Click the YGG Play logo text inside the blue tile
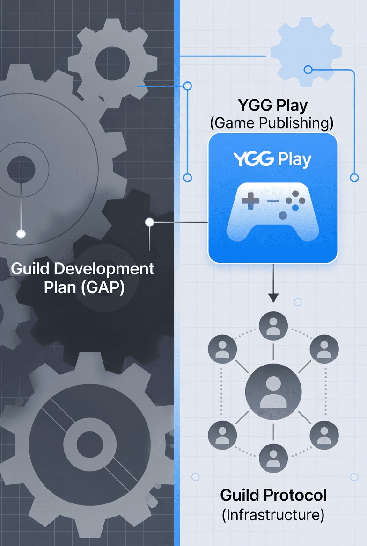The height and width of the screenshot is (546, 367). coord(272,159)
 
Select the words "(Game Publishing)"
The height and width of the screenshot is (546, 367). coord(272,123)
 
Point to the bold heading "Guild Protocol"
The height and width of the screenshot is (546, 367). coord(273,495)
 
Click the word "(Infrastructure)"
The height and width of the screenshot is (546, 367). coord(273,515)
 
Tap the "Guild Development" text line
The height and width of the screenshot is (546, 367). coord(82,269)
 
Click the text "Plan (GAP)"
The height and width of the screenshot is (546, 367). coord(84,287)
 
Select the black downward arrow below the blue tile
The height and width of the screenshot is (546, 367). coord(273,296)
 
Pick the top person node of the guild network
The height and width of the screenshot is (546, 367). coord(273,326)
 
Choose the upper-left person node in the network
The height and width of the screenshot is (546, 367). coord(222,349)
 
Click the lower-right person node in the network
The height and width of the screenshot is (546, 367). coord(324,435)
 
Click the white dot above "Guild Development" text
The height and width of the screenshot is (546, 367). coord(21,234)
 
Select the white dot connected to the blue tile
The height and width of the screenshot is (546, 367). coord(150,222)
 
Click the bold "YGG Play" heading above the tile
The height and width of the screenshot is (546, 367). coord(272,106)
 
